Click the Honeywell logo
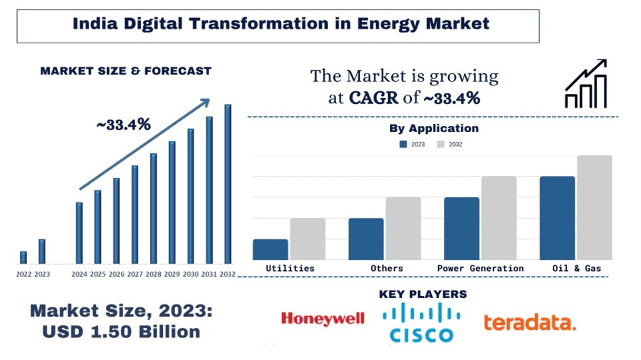(x=322, y=319)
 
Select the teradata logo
(x=529, y=322)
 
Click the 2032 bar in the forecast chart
(x=228, y=184)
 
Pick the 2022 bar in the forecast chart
(x=23, y=257)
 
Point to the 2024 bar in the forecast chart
(x=79, y=233)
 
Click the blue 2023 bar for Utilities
(x=270, y=249)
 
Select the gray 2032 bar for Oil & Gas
(x=594, y=207)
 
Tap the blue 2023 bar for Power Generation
(x=461, y=229)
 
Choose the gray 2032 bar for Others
(x=403, y=229)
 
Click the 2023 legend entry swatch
(x=403, y=145)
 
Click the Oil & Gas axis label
(x=576, y=268)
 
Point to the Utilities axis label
(x=290, y=268)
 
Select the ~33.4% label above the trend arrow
(x=123, y=125)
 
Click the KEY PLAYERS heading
(x=423, y=294)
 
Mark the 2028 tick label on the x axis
(x=153, y=274)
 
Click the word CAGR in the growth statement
(x=371, y=98)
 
